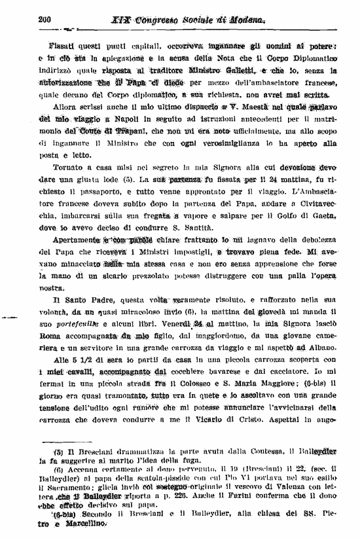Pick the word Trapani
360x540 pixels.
[x=123, y=130]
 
